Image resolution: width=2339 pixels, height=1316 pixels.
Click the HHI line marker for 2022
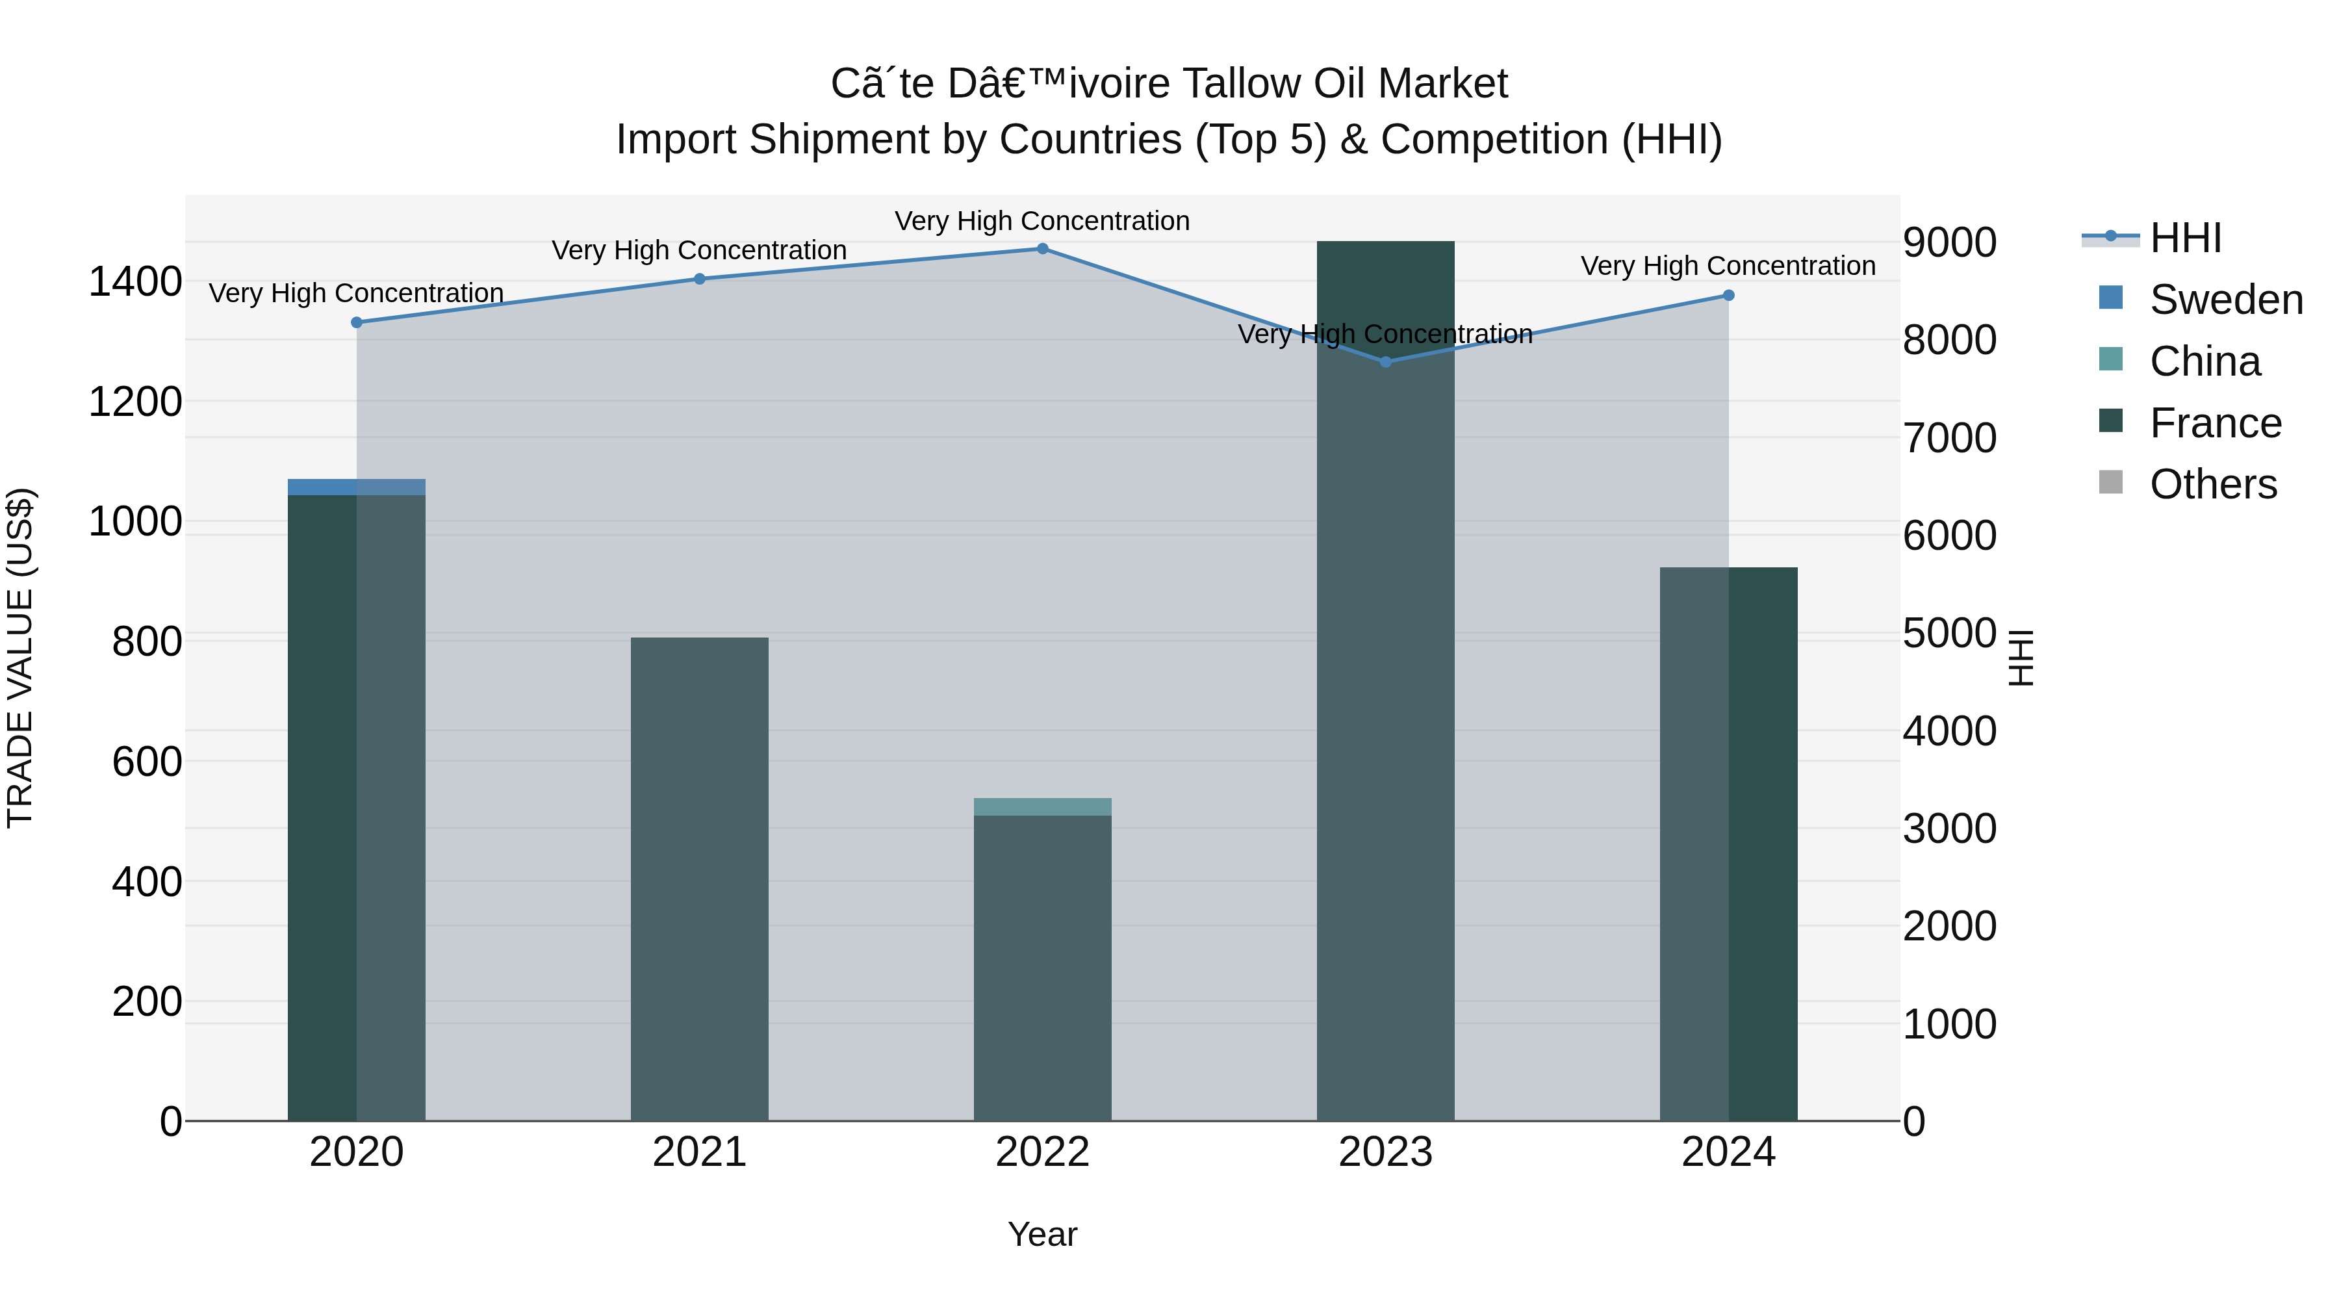1042,249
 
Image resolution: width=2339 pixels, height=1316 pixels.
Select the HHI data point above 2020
357,322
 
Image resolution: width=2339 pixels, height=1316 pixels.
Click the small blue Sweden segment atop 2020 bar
357,487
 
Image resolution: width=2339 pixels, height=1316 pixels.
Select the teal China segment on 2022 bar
1042,806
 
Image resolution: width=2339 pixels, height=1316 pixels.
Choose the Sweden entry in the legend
2225,300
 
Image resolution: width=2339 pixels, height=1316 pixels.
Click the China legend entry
2204,361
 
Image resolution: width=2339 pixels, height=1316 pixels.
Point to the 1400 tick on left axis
134,281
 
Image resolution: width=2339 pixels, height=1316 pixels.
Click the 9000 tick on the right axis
1949,242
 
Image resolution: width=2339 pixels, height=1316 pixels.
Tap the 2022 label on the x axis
1042,1152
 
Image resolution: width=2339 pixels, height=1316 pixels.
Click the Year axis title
1042,1234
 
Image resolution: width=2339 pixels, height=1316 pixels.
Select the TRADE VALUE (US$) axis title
20,658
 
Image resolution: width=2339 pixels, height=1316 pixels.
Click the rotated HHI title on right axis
2021,658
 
